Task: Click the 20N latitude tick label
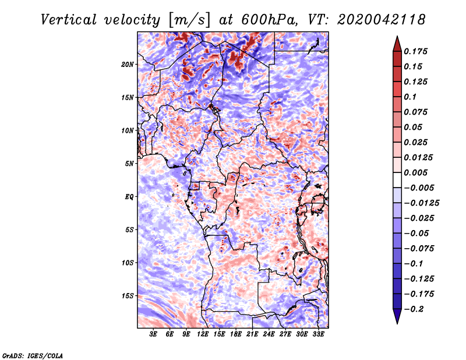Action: tap(128, 64)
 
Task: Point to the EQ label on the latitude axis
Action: tap(129, 196)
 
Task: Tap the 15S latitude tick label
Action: tap(128, 295)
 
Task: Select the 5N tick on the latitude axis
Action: tap(129, 163)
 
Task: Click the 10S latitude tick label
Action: tap(128, 263)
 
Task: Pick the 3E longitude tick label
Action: tap(153, 334)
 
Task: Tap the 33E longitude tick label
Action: tap(319, 334)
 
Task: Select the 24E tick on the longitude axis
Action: tap(269, 334)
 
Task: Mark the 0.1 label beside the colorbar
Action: tap(411, 97)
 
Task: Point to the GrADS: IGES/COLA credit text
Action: tap(33, 355)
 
